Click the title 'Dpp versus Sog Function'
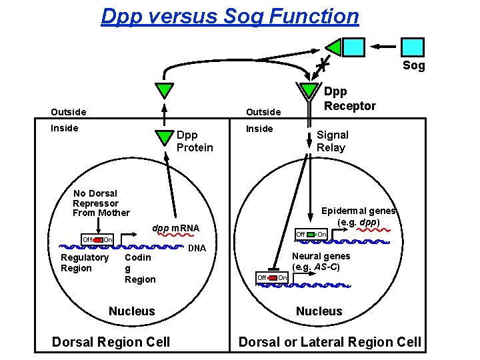click(x=229, y=15)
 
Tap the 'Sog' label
click(x=413, y=65)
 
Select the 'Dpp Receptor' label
click(x=349, y=99)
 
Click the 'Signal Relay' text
click(x=331, y=141)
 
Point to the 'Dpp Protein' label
click(x=194, y=141)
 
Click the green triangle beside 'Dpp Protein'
click(x=162, y=137)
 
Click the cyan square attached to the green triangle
click(x=353, y=47)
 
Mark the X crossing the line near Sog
click(x=321, y=64)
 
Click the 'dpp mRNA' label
click(x=176, y=229)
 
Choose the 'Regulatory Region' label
click(x=84, y=263)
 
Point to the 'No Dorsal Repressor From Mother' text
click(x=101, y=203)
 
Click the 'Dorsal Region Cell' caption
click(x=111, y=342)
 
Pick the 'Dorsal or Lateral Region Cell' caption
click(x=330, y=342)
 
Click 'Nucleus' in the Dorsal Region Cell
click(x=131, y=311)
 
